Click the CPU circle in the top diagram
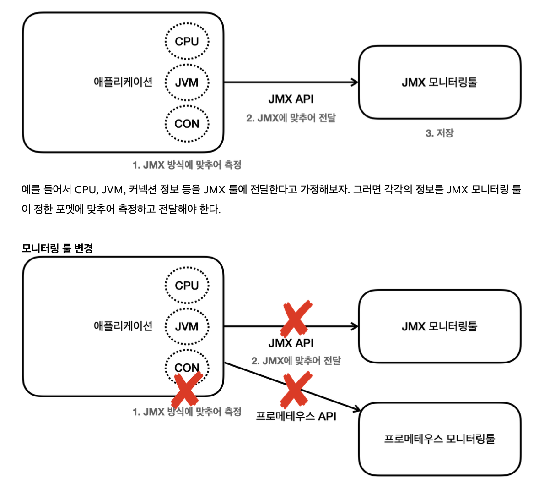coord(187,41)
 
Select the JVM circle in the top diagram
coord(187,82)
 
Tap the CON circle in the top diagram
coord(187,124)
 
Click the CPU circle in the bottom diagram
coord(187,286)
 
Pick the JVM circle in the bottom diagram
coord(187,327)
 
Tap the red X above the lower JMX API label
coord(296,319)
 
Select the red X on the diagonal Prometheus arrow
coord(296,390)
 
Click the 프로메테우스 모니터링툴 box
coord(439,439)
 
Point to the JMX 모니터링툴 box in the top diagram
coord(439,82)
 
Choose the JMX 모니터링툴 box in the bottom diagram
coord(439,326)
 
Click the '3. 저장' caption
coord(439,133)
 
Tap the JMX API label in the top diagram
coord(291,99)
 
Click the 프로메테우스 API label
coord(296,416)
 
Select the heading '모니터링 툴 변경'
coord(57,248)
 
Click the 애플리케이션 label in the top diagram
coord(123,82)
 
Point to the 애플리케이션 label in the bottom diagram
coord(123,326)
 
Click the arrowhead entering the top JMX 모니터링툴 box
coord(355,82)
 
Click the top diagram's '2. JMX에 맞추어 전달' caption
coord(291,118)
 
